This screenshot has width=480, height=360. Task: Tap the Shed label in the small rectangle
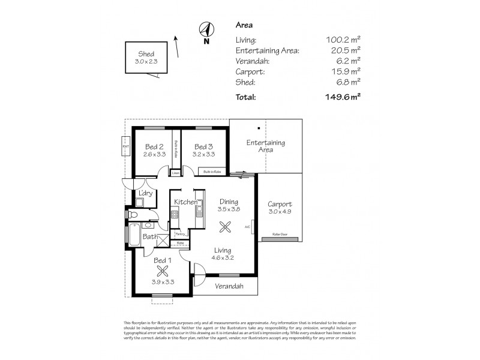(146, 53)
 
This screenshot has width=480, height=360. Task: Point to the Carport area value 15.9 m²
(347, 72)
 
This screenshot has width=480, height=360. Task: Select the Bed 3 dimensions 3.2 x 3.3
(203, 155)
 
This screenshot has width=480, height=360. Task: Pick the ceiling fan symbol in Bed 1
(159, 271)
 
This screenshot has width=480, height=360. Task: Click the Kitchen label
(186, 202)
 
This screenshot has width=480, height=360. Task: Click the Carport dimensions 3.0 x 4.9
(280, 212)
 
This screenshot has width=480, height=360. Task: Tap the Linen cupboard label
(175, 173)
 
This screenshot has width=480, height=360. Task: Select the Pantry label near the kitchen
(179, 234)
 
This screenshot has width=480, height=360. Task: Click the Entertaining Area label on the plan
(266, 146)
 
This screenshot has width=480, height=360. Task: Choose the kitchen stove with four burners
(175, 215)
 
